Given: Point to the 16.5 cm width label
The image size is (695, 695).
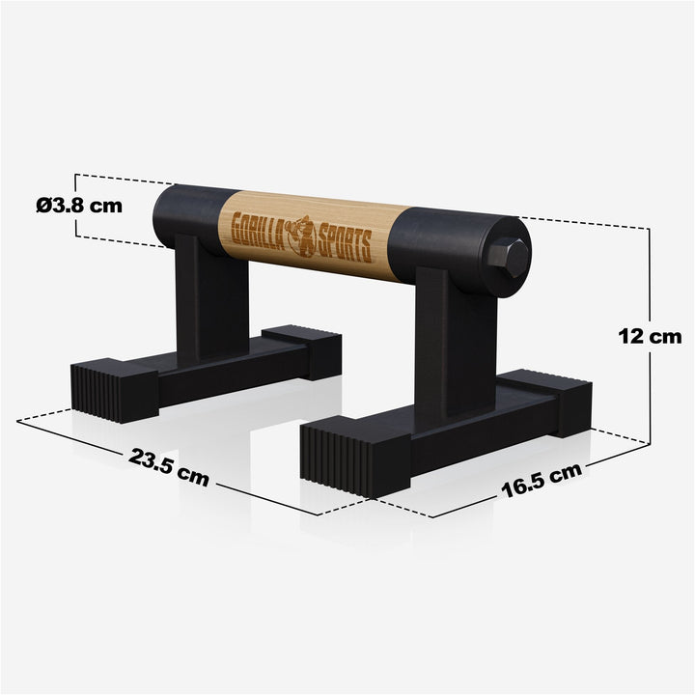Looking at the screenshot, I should point(541,479).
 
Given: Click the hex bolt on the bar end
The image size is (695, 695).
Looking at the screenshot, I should point(511,257).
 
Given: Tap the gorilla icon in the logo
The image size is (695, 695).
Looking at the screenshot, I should point(303,235).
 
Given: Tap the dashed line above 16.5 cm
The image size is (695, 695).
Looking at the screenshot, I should point(541,461).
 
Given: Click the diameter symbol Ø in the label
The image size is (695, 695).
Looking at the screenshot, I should point(44,206).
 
